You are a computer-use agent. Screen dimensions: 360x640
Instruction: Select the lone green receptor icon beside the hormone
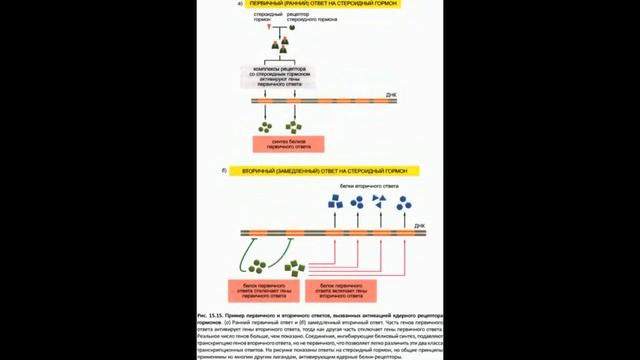(x=291, y=28)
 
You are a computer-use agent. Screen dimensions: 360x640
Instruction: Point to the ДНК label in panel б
(x=419, y=226)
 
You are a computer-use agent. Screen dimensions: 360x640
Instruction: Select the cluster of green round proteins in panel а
(x=266, y=126)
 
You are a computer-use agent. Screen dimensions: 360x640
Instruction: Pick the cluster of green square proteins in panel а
(x=293, y=126)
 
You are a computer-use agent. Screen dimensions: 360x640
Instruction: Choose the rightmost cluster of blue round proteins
(x=402, y=203)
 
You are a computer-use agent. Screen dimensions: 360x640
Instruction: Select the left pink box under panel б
(x=264, y=290)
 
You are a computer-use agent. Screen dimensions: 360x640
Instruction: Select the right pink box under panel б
(x=340, y=290)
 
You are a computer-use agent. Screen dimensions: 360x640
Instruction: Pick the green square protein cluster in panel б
(x=295, y=268)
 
